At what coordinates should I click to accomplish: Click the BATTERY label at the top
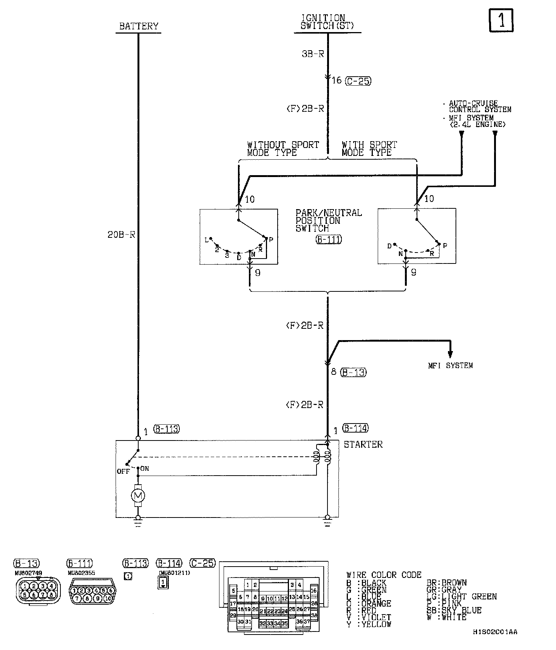pyautogui.click(x=139, y=26)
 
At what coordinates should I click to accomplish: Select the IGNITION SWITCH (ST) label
pyautogui.click(x=323, y=22)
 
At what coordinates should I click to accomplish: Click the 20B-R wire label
pyautogui.click(x=121, y=234)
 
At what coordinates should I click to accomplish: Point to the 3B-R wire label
pyautogui.click(x=313, y=54)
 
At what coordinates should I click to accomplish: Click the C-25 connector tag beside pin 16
pyautogui.click(x=358, y=80)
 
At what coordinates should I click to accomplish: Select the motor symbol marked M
pyautogui.click(x=137, y=495)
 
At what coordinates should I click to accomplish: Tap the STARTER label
pyautogui.click(x=363, y=444)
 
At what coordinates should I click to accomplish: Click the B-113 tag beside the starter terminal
pyautogui.click(x=166, y=429)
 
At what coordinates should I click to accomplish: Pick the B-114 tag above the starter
pyautogui.click(x=355, y=428)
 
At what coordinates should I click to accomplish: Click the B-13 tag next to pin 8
pyautogui.click(x=354, y=372)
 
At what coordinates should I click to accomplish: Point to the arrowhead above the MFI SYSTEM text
pyautogui.click(x=450, y=354)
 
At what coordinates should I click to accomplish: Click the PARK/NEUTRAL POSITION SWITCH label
pyautogui.click(x=328, y=221)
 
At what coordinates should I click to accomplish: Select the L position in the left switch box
pyautogui.click(x=206, y=240)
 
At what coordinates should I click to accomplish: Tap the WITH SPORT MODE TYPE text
pyautogui.click(x=369, y=149)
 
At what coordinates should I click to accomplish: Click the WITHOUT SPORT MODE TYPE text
pyautogui.click(x=283, y=149)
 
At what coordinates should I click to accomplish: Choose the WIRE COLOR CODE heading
pyautogui.click(x=383, y=575)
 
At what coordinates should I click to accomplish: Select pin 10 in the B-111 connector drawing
pyautogui.click(x=108, y=599)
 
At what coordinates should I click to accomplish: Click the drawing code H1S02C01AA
pyautogui.click(x=494, y=632)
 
